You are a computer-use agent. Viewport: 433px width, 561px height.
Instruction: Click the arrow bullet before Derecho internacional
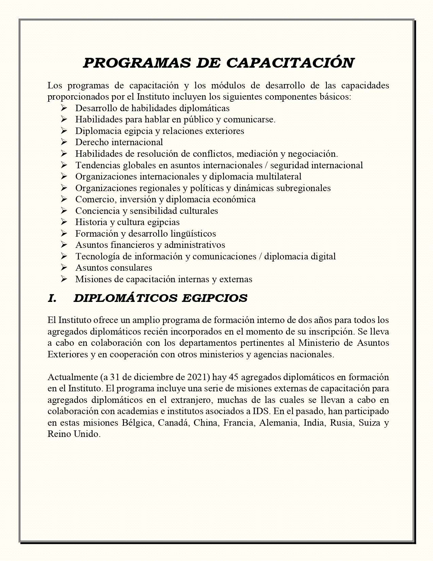[x=64, y=142]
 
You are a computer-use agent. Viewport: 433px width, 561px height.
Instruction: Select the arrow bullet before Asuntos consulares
[x=64, y=268]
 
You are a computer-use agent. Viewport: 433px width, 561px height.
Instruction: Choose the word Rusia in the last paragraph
[x=342, y=423]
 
